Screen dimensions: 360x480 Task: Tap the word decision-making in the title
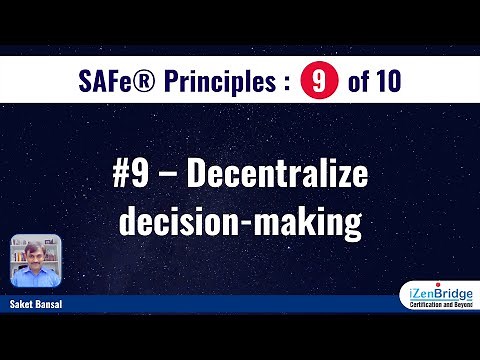point(240,222)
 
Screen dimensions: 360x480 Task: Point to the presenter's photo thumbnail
point(36,262)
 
